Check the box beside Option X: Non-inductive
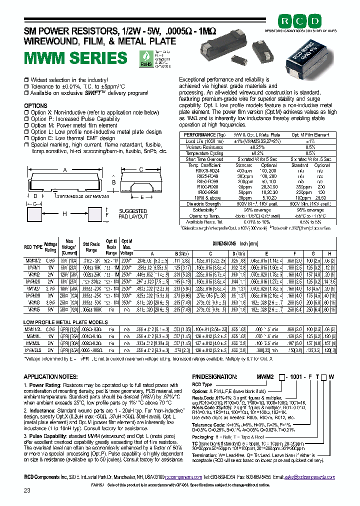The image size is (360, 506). tap(27, 112)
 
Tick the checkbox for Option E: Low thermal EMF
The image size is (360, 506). tap(27, 138)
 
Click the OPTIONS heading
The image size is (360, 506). tap(36, 106)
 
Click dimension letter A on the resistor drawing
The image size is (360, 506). tap(64, 169)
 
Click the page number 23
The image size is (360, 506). tap(28, 490)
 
